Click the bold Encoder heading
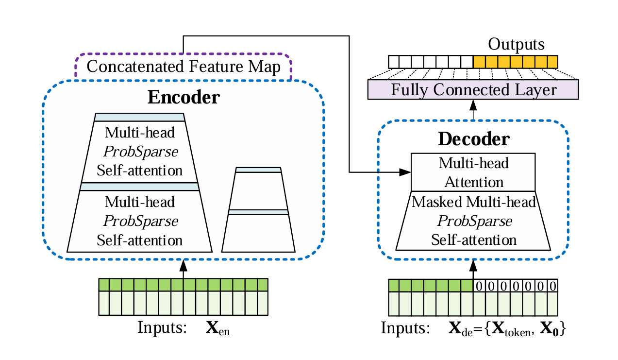184,97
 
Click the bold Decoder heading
473,139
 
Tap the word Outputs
516,45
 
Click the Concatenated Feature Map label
184,67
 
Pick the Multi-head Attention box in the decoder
473,172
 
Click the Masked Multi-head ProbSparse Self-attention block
473,221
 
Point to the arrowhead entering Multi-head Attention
406,172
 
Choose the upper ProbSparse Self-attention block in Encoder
140,151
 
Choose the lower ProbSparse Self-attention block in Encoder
140,221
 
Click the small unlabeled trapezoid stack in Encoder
258,210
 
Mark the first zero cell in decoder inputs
479,286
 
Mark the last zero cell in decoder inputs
552,286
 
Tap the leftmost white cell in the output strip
394,62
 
